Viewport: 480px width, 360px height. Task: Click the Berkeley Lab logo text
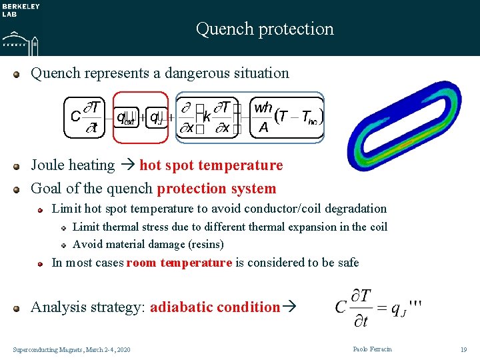click(x=21, y=10)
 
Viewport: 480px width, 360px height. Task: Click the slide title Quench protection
click(x=265, y=29)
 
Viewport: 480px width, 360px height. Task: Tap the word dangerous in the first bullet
click(x=189, y=73)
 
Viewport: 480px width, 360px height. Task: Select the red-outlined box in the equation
click(x=140, y=117)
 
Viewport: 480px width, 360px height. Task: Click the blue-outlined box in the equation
click(x=249, y=117)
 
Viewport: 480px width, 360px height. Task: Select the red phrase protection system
click(x=216, y=189)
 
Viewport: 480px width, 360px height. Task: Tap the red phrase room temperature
click(x=179, y=263)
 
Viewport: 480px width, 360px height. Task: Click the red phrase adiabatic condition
click(x=215, y=307)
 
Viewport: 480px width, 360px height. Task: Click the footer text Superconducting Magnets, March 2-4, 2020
click(x=72, y=349)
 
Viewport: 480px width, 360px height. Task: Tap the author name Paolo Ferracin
click(x=373, y=349)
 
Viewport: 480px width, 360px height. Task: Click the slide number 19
click(x=463, y=349)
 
